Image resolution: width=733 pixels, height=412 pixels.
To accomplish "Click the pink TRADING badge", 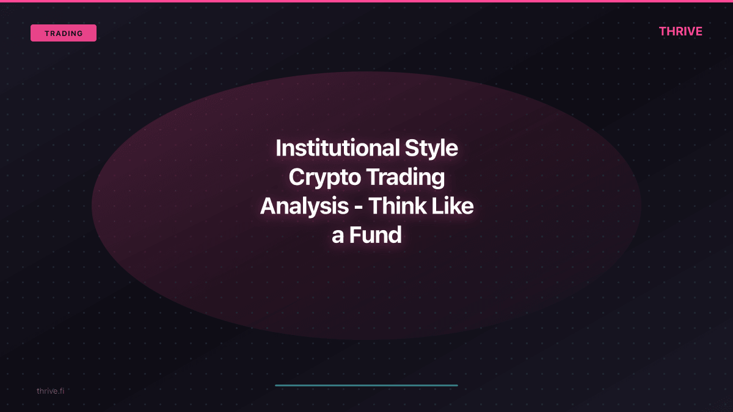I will tap(64, 33).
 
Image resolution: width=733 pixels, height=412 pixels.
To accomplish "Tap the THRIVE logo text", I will tap(680, 32).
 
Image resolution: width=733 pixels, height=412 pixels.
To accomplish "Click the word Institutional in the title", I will tap(337, 148).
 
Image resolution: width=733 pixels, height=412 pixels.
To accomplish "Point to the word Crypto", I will tap(324, 178).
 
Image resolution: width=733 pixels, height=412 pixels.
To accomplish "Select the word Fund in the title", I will tap(375, 236).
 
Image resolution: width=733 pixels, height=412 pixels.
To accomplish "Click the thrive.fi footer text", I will tap(50, 391).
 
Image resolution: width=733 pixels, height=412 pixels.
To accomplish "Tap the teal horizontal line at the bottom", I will tap(366, 385).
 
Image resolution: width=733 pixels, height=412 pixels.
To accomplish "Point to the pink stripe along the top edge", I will tap(366, 1).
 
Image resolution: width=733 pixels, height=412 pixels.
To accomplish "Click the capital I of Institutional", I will tap(279, 148).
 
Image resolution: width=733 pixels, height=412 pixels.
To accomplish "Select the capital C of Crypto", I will tap(296, 178).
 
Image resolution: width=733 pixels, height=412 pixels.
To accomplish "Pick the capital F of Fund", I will tap(355, 236).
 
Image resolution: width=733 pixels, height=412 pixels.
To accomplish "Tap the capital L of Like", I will tap(434, 206).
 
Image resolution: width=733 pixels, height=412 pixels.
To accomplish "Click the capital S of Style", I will tap(412, 148).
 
